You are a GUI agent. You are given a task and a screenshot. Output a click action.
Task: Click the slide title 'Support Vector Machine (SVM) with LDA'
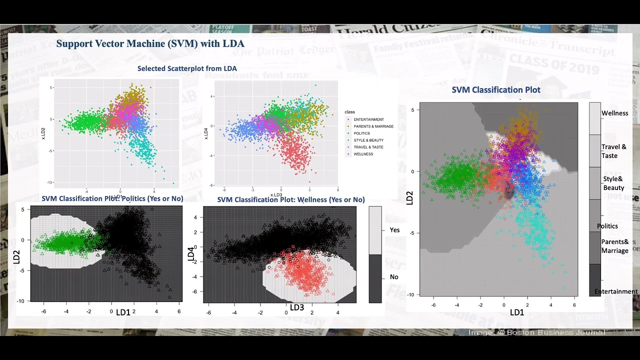(x=150, y=44)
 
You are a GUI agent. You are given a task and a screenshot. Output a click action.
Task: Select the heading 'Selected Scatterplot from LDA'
(x=187, y=68)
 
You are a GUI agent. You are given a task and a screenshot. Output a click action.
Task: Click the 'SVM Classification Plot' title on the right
(x=496, y=90)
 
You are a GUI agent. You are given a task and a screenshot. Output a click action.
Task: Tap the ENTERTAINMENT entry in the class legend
(x=368, y=119)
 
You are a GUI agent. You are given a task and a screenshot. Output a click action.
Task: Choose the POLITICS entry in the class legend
(x=361, y=133)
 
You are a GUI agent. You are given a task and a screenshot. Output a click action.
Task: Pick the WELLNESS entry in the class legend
(x=363, y=154)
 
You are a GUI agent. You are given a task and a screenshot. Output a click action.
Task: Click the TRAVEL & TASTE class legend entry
(x=368, y=147)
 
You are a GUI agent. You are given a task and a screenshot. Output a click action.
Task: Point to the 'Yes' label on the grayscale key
(x=394, y=230)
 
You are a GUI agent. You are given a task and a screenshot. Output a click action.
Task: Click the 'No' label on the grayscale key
(x=394, y=277)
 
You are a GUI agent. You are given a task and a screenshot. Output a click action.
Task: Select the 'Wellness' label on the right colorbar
(x=614, y=113)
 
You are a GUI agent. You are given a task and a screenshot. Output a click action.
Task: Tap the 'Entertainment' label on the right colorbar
(x=616, y=291)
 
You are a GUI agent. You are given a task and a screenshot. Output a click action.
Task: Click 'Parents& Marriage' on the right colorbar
(x=614, y=246)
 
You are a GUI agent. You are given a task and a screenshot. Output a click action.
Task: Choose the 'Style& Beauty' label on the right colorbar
(x=613, y=183)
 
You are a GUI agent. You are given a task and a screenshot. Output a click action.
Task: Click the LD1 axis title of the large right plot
(x=516, y=312)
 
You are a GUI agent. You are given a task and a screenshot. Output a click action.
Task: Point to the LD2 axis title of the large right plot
(x=410, y=197)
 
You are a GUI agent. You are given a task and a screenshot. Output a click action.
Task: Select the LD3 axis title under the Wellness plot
(x=297, y=307)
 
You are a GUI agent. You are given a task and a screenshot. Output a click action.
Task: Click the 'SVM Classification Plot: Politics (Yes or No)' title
(x=112, y=198)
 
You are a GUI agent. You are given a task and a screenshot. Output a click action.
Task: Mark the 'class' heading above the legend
(x=349, y=112)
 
